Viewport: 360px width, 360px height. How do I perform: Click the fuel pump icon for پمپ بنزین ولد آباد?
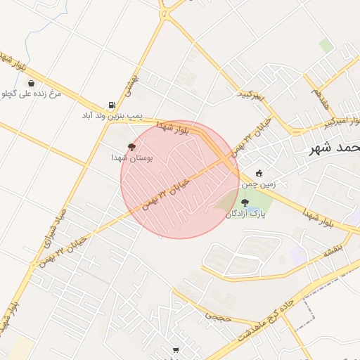(112, 105)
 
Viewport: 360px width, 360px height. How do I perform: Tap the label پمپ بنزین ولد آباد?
(112, 115)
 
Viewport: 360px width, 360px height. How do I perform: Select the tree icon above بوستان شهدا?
(131, 147)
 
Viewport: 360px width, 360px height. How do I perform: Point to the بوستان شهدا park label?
(132, 158)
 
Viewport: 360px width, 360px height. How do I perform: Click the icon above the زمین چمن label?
(259, 174)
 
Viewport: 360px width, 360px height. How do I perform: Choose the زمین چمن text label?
(259, 184)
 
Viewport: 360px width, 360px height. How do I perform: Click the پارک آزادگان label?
(247, 213)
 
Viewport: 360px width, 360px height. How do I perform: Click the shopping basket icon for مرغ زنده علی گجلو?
(31, 83)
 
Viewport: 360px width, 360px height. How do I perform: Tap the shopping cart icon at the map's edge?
(176, 349)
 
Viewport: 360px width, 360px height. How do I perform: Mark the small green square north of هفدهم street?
(326, 46)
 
